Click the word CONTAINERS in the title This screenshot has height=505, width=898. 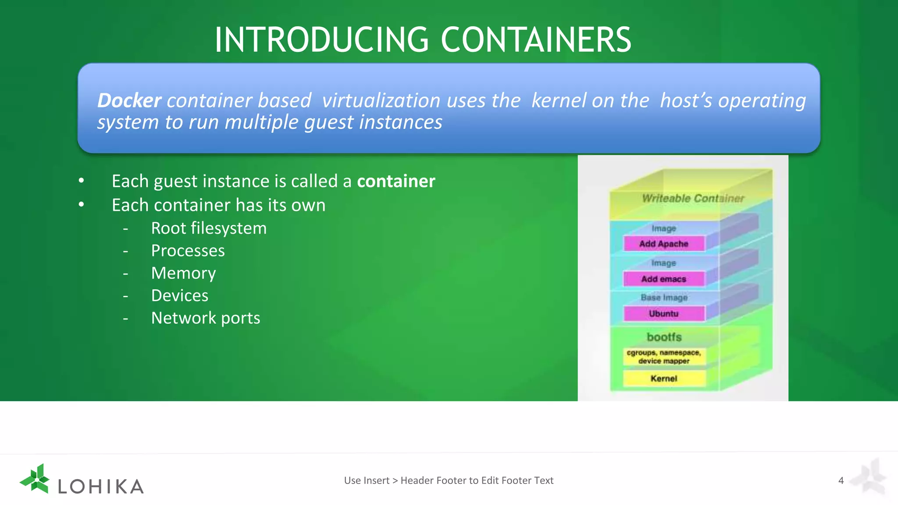pyautogui.click(x=535, y=40)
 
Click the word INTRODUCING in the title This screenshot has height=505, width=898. pyautogui.click(x=321, y=40)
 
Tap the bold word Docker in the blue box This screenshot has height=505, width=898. pyautogui.click(x=129, y=100)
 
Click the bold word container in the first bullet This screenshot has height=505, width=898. pyautogui.click(x=396, y=181)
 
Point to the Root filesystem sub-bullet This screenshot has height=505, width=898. pyautogui.click(x=209, y=228)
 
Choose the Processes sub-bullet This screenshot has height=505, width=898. pyautogui.click(x=188, y=251)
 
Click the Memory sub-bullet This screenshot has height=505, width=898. pyautogui.click(x=183, y=273)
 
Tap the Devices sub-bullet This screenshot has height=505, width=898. pyautogui.click(x=179, y=295)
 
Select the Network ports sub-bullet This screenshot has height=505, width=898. pyautogui.click(x=205, y=318)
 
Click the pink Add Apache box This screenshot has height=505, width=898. pyautogui.click(x=663, y=244)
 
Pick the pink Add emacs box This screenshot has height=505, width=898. pyautogui.click(x=663, y=279)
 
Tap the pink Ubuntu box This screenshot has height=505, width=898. pyautogui.click(x=663, y=313)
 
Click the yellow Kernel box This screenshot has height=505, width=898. pyautogui.click(x=663, y=378)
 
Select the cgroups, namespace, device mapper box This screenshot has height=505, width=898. pyautogui.click(x=663, y=357)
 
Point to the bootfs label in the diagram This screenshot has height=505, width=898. pyautogui.click(x=664, y=337)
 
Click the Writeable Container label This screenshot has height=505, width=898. pyautogui.click(x=693, y=199)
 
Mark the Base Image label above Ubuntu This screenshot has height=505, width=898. pyautogui.click(x=664, y=298)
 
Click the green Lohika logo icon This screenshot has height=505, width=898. pyautogui.click(x=36, y=479)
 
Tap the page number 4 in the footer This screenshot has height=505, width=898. pyautogui.click(x=841, y=480)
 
